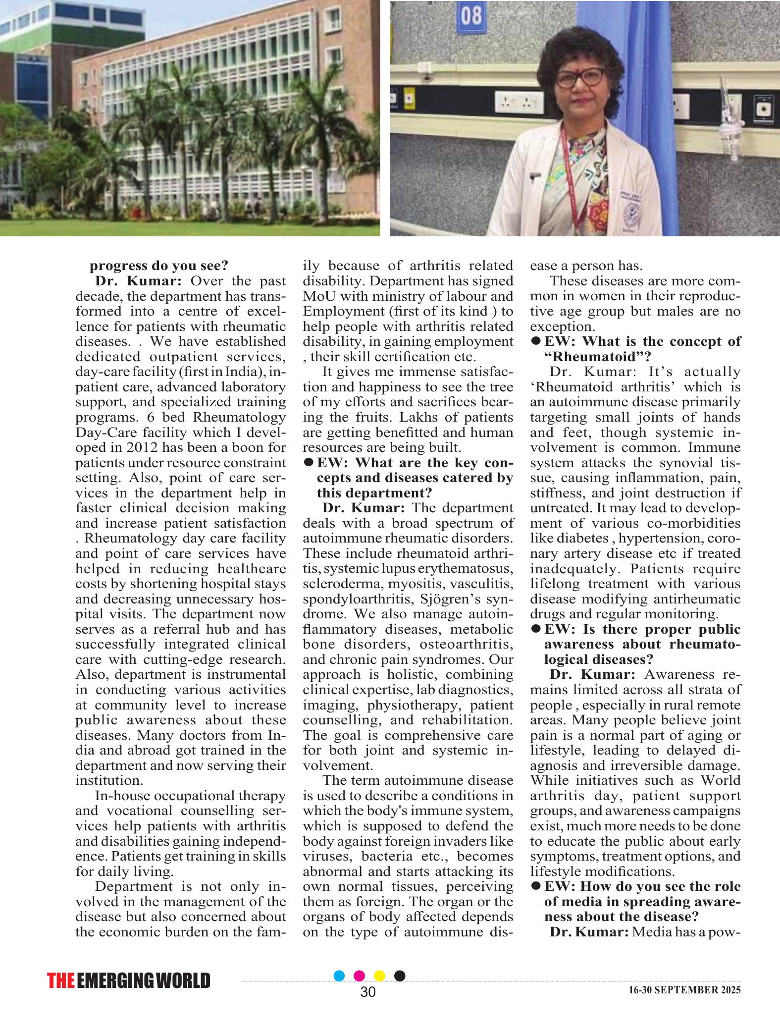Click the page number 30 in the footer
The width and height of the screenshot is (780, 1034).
coord(368,992)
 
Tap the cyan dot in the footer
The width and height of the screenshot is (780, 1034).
coord(339,976)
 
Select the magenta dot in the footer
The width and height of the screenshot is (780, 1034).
coord(360,976)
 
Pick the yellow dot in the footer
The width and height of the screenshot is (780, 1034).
coord(380,976)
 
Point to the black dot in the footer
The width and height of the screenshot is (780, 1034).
coord(400,976)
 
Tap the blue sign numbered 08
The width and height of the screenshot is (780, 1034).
coord(471,16)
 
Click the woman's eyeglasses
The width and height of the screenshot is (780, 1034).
coord(579,78)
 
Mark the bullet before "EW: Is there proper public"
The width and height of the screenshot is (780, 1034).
coord(535,629)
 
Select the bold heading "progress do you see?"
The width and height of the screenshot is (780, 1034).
coord(158,266)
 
